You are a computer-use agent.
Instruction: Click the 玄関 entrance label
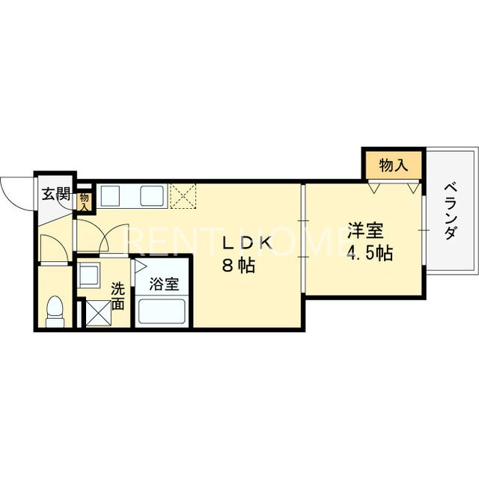(x=55, y=195)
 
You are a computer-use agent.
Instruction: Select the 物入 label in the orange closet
(x=393, y=165)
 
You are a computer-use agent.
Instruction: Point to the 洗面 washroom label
(x=118, y=295)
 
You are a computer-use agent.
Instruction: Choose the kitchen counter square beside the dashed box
(x=150, y=196)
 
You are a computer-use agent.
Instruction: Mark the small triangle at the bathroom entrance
(x=138, y=266)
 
